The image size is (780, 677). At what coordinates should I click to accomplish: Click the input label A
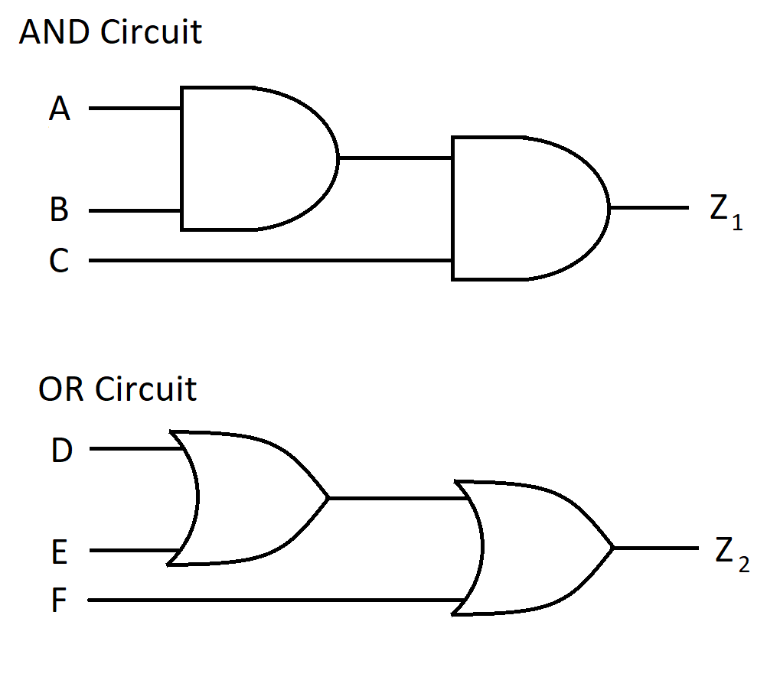(60, 109)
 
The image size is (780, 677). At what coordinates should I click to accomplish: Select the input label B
(59, 210)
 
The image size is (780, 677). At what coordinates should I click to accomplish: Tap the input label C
(59, 261)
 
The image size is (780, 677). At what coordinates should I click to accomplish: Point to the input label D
(61, 451)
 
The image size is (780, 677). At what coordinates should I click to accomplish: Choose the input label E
(60, 552)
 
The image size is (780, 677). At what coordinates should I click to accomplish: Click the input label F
(59, 601)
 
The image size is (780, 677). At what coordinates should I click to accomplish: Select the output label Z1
(724, 211)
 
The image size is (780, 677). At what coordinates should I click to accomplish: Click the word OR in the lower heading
(63, 389)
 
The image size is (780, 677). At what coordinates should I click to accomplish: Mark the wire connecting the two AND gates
(394, 158)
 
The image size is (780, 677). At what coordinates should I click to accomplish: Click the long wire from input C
(268, 261)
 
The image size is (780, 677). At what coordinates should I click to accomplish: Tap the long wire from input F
(268, 601)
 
